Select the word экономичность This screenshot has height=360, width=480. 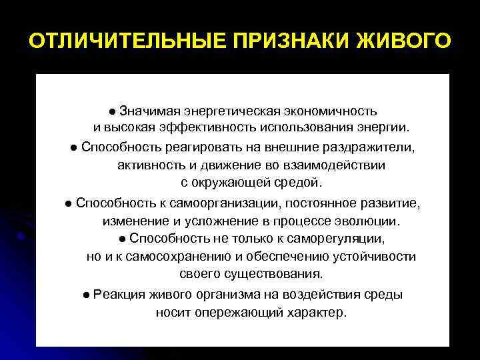pyautogui.click(x=335, y=110)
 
